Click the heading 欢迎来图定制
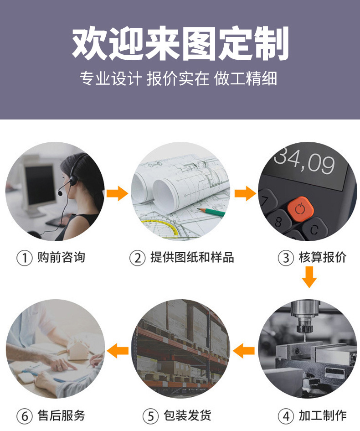180,43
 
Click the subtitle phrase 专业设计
110,78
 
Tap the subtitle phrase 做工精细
246,78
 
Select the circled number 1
25,258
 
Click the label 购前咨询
61,258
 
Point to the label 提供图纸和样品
192,258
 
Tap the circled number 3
286,258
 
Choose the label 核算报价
322,258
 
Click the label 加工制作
322,415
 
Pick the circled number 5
151,416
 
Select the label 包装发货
187,415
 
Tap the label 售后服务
61,415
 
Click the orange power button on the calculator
300,209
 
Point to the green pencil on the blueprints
211,212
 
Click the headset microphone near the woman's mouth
60,193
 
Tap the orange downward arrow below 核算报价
309,277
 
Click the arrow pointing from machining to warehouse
244,351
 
